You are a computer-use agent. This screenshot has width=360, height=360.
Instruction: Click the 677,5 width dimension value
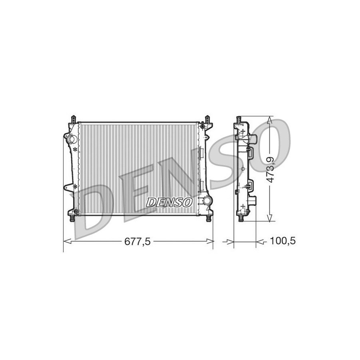pos(137,241)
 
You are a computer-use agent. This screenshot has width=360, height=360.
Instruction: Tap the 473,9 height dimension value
pos(271,170)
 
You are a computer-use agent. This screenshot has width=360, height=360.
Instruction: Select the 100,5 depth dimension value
pos(282,241)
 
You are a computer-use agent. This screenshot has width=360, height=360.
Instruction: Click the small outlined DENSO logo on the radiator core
pos(169,202)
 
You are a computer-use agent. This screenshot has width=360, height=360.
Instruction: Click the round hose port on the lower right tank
pos(207,200)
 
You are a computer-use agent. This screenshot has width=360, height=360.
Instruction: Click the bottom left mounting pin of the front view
pos(72,218)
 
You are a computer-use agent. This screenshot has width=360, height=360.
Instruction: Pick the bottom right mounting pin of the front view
pos(208,218)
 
